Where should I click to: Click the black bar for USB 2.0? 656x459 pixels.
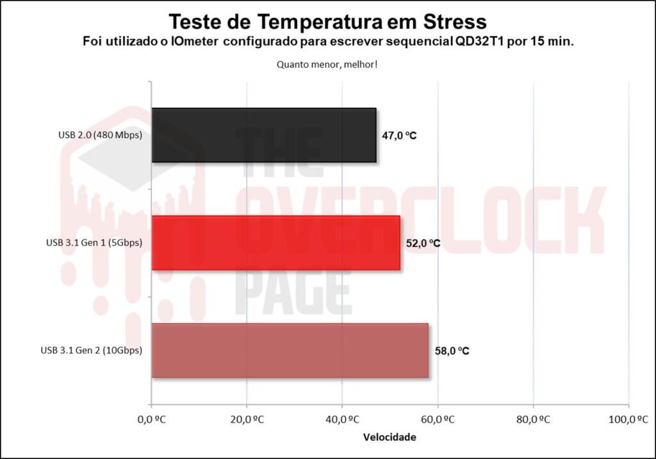[x=263, y=135]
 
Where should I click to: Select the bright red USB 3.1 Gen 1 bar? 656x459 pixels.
[x=275, y=243]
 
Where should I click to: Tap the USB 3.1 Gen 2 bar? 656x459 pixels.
[x=290, y=351]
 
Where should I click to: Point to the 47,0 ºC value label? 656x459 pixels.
[x=400, y=136]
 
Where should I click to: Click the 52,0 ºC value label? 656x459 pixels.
[x=423, y=244]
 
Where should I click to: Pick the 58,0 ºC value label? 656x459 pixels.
[x=452, y=351]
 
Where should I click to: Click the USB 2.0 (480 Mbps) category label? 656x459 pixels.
[x=99, y=135]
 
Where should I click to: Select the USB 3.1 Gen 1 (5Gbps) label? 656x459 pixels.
[x=94, y=243]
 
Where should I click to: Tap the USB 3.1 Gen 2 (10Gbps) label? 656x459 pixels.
[x=91, y=351]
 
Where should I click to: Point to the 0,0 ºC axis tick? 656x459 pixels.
[x=152, y=420]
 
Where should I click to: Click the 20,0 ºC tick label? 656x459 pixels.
[x=247, y=420]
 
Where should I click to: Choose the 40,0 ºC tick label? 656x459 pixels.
[x=342, y=420]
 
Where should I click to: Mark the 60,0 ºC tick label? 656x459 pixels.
[x=438, y=420]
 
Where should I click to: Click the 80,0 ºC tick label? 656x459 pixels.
[x=533, y=420]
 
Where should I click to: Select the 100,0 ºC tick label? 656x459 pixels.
[x=628, y=420]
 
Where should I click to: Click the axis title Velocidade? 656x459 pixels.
[x=389, y=438]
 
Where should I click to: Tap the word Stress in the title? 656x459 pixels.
[x=450, y=22]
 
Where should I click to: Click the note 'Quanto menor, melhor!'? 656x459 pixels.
[x=327, y=64]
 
